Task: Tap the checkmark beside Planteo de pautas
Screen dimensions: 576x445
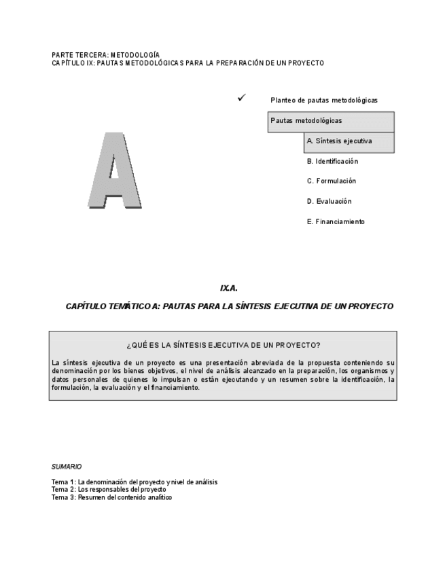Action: click(241, 98)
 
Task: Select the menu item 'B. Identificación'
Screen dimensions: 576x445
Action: click(332, 162)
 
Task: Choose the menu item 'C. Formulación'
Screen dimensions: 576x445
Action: click(332, 181)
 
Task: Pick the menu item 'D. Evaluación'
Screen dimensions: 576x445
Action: click(330, 202)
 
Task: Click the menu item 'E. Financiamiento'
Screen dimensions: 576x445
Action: click(336, 222)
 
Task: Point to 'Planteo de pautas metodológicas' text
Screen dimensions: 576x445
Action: click(323, 101)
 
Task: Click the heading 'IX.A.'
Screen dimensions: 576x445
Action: click(229, 288)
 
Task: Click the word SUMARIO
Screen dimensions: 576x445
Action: click(67, 467)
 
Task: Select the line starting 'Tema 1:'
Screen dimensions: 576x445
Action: click(135, 482)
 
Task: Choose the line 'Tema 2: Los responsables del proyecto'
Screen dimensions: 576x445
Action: click(109, 490)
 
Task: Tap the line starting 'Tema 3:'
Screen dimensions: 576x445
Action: click(111, 497)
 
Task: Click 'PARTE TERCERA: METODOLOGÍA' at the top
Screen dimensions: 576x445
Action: click(105, 54)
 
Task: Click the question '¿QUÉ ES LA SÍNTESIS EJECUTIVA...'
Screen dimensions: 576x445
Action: click(224, 345)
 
